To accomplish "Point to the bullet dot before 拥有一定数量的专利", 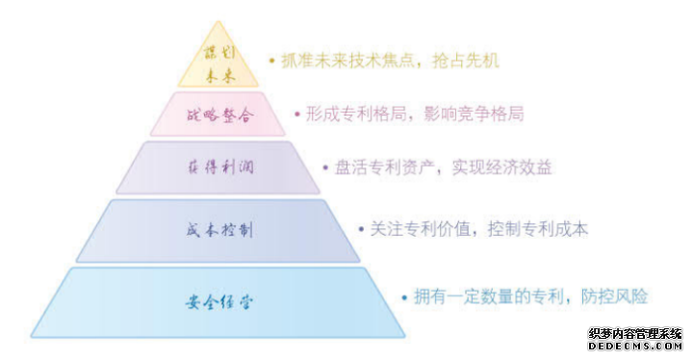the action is point(404,297).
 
